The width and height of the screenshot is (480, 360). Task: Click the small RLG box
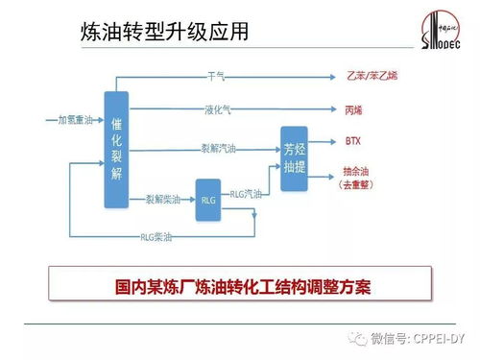coord(208,200)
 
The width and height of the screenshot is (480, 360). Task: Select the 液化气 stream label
coord(218,108)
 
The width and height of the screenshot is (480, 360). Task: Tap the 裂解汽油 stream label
coord(217,148)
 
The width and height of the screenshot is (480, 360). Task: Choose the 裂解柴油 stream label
coord(161,199)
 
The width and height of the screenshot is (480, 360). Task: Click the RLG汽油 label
coord(246,193)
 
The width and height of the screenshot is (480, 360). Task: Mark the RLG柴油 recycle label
coord(156,235)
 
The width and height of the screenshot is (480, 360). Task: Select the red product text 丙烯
coord(352,109)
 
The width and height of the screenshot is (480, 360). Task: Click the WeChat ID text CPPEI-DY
coord(441,338)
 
